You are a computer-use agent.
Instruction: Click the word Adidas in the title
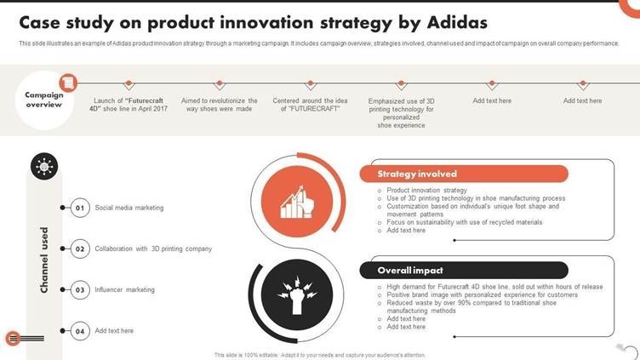(x=457, y=23)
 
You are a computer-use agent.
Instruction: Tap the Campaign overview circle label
(x=44, y=100)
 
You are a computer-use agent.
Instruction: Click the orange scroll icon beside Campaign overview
(x=68, y=83)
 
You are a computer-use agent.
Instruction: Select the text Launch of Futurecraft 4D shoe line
(x=129, y=105)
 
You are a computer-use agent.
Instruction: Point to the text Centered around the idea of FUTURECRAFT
(x=310, y=105)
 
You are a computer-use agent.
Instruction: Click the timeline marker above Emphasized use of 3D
(x=401, y=84)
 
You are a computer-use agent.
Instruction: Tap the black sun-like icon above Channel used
(x=44, y=166)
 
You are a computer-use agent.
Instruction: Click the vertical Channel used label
(x=44, y=260)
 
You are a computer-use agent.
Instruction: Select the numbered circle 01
(x=80, y=208)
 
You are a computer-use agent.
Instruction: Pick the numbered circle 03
(x=80, y=290)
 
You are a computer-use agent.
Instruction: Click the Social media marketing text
(x=129, y=208)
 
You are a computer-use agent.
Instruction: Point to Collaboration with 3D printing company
(x=153, y=249)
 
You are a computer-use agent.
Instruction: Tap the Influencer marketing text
(x=124, y=290)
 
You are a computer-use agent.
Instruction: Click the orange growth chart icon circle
(x=297, y=202)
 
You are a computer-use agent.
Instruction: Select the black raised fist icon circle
(x=297, y=294)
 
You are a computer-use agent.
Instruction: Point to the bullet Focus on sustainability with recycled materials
(x=464, y=222)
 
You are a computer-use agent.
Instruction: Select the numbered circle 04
(x=80, y=331)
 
